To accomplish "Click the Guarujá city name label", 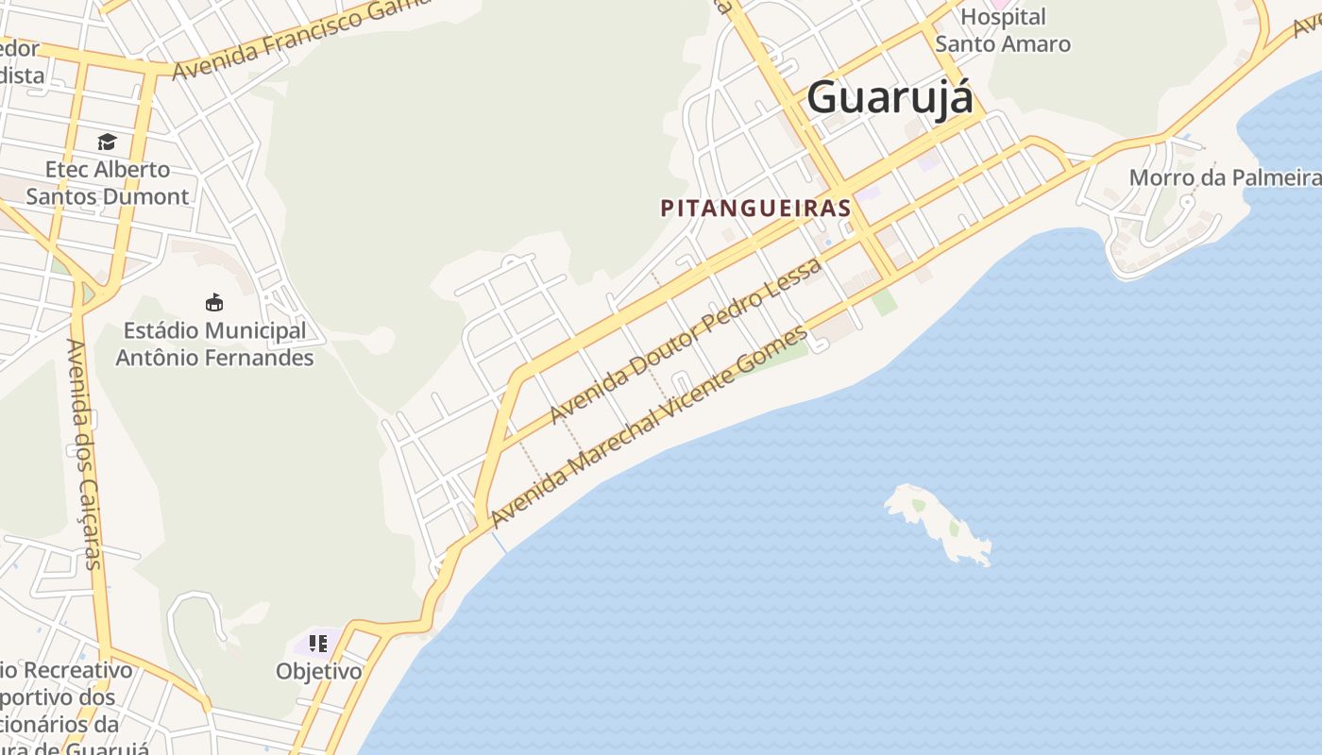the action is click(889, 97).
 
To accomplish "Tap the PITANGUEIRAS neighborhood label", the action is click(755, 208).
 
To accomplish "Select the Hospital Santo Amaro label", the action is click(1003, 30).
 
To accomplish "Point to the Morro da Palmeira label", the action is click(1225, 177).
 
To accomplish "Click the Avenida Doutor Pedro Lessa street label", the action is click(686, 343).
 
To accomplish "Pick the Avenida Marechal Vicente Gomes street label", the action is click(650, 427).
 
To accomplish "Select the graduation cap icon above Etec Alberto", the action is click(107, 142).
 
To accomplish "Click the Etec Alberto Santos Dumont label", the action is click(108, 183).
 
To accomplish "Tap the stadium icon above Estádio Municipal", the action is click(214, 302).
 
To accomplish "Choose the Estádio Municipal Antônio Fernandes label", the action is click(214, 344).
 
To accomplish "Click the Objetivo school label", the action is click(319, 671).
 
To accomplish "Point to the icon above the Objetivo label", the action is click(318, 644).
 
